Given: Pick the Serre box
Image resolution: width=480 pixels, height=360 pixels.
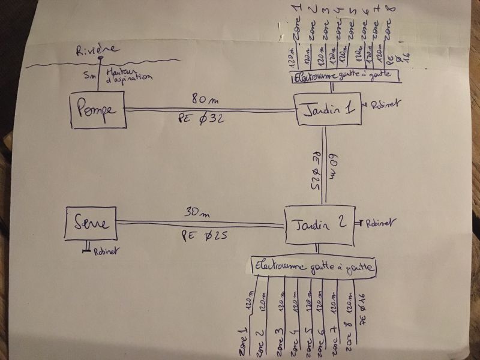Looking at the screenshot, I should tap(91, 223).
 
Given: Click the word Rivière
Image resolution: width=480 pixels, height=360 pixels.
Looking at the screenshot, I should tap(97, 52).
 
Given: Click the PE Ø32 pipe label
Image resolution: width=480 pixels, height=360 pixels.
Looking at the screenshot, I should tap(202, 120).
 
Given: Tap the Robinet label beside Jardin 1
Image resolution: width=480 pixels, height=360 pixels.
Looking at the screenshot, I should tap(382, 104).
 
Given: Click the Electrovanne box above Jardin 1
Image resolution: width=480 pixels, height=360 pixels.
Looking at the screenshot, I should tap(342, 77).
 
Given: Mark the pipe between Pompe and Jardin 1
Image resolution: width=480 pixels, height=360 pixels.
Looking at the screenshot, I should tap(210, 109).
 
